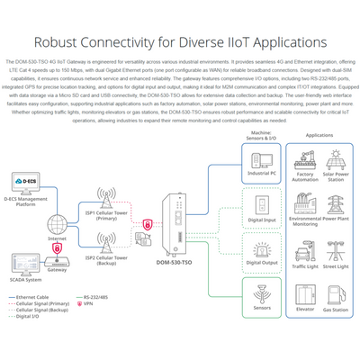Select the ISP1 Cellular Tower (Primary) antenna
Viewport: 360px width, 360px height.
click(106, 200)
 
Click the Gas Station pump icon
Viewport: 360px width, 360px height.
click(336, 290)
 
